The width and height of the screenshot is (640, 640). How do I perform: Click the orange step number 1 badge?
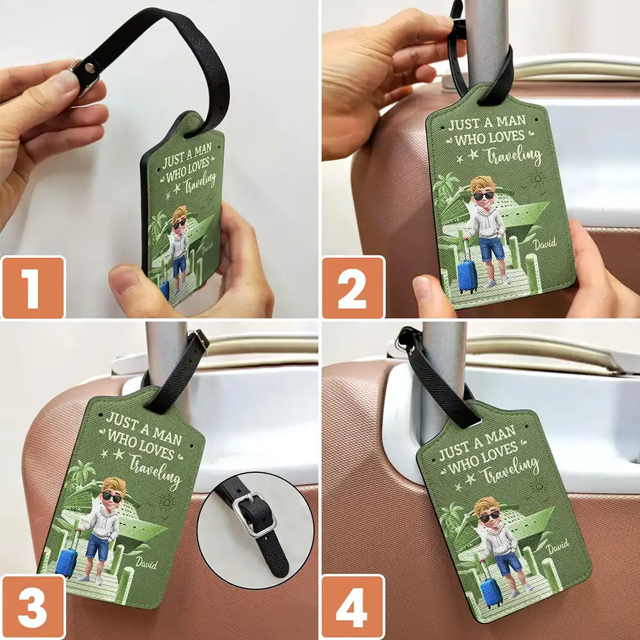tap(33, 287)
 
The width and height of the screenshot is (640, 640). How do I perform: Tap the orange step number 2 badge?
tap(353, 287)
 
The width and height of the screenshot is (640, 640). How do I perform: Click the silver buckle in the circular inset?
tap(254, 514)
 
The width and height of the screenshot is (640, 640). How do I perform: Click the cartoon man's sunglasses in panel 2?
tap(484, 195)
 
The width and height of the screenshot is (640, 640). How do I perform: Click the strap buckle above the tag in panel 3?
tap(200, 340)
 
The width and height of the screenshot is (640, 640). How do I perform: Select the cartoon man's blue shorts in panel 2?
tap(492, 249)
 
